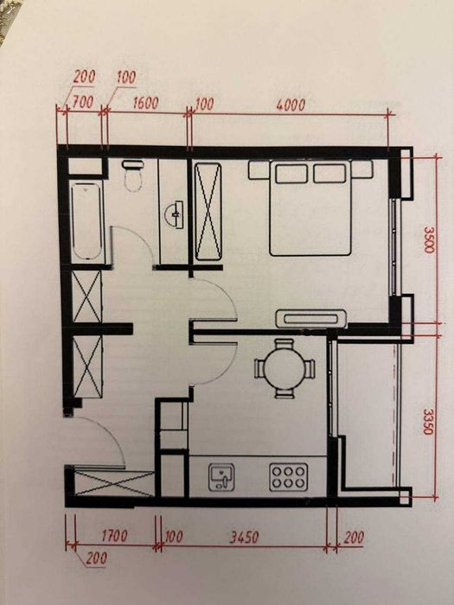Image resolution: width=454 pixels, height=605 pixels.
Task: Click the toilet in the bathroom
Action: point(133,175)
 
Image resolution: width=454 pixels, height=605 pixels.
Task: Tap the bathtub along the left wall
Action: point(87,221)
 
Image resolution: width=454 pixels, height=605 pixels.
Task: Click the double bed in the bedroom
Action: point(310,208)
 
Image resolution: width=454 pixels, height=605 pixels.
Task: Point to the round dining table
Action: point(285,368)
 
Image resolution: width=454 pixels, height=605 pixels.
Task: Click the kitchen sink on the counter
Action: point(221,477)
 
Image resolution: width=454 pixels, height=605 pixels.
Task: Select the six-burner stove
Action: point(288,477)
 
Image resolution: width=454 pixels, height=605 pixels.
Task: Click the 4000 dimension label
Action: point(291,105)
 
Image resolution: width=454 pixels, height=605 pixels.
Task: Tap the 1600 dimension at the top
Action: point(145,103)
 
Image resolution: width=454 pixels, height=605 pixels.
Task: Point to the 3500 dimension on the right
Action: point(429,239)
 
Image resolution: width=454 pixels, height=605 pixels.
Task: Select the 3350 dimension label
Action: point(428,422)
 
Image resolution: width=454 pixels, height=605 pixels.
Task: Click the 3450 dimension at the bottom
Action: point(244,537)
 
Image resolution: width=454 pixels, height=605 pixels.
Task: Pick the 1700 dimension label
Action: point(114,536)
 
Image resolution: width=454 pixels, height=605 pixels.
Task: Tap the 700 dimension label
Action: point(83,102)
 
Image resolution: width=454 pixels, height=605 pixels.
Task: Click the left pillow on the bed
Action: point(292,173)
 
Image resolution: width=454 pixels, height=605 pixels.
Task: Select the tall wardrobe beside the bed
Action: point(208,212)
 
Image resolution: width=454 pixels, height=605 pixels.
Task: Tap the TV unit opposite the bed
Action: point(311,319)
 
